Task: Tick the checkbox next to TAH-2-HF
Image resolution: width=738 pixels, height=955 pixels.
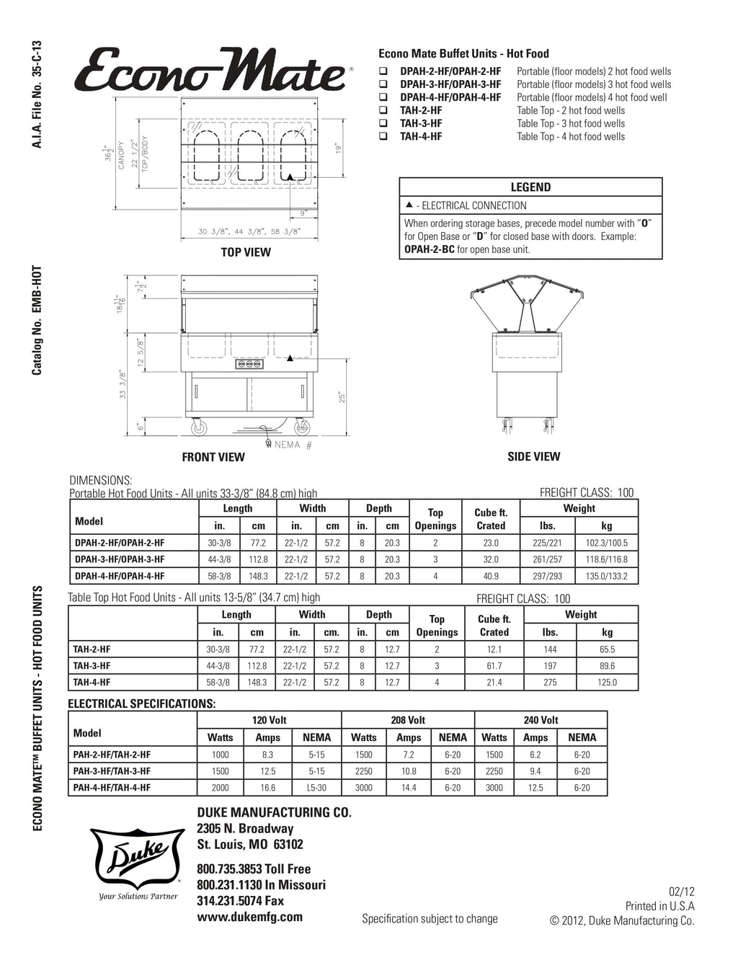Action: tap(383, 111)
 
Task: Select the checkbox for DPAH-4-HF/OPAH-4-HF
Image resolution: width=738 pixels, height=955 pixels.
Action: tap(383, 98)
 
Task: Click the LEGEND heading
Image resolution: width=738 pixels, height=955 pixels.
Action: tap(530, 187)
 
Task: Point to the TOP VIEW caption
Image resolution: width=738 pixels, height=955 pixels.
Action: tap(246, 252)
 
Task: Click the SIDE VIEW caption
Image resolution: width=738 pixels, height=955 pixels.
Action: tap(533, 456)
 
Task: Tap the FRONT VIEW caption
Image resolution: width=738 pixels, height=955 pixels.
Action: tap(213, 457)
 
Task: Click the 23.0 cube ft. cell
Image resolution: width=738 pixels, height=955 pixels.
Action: tap(491, 543)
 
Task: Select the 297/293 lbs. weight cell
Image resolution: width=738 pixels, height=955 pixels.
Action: tap(547, 576)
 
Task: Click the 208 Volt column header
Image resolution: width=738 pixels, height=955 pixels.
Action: tap(408, 720)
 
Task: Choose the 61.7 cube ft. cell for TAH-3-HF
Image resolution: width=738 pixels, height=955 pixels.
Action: tap(494, 666)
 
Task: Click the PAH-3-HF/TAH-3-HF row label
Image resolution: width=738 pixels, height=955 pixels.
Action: tap(112, 771)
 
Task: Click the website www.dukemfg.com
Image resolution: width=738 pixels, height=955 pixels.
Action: tap(249, 917)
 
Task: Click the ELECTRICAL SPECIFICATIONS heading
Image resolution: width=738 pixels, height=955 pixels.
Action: tap(142, 703)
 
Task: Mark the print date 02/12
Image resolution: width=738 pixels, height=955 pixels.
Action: tap(682, 892)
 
